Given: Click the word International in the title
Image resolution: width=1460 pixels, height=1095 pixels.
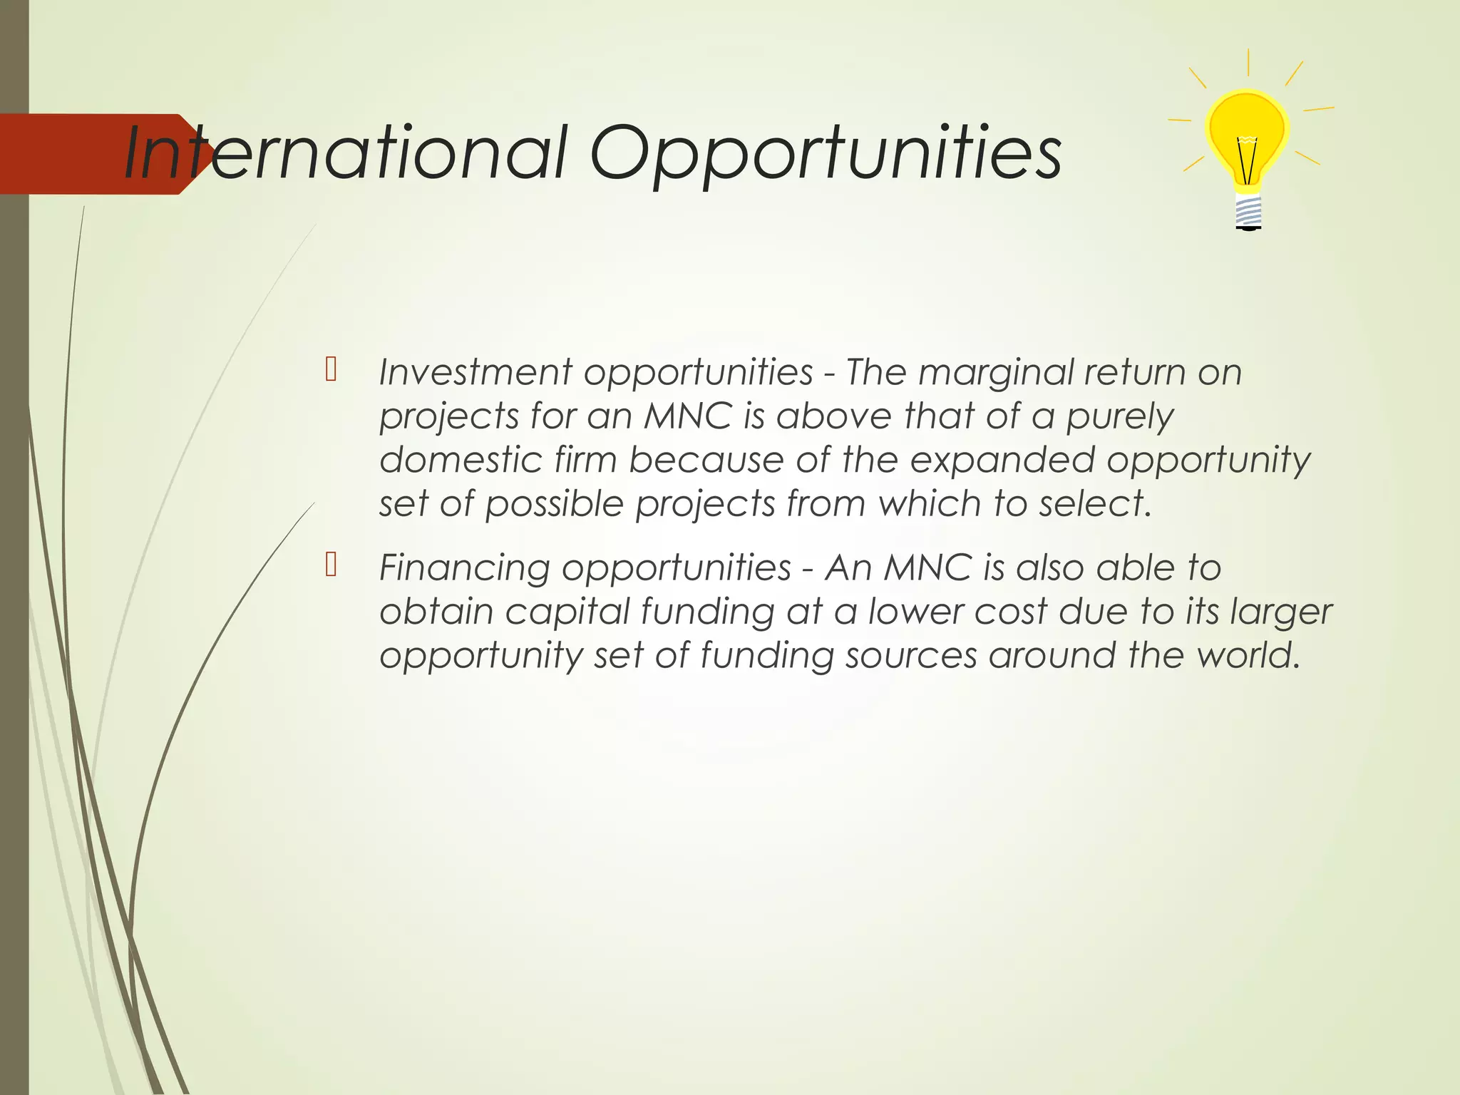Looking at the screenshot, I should click(346, 153).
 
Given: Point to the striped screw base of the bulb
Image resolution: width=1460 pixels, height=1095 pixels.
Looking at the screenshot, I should click(1248, 212).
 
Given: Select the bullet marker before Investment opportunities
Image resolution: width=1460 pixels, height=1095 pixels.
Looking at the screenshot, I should click(331, 369).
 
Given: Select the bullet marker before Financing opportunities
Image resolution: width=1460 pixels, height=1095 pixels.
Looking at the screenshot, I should click(331, 564).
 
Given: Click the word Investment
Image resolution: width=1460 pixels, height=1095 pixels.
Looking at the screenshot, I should click(475, 372).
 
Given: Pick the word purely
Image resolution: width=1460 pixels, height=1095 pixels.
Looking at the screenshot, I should click(1119, 417).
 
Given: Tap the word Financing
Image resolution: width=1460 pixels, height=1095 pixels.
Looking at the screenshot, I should click(464, 569).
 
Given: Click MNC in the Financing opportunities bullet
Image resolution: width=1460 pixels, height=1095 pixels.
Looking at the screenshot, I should click(927, 568).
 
